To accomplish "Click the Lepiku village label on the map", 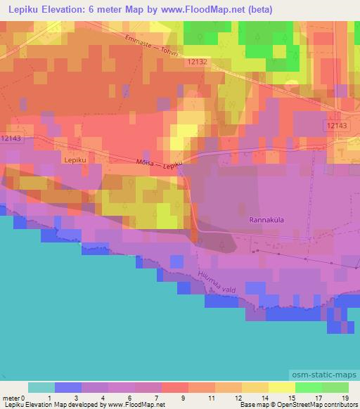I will pyautogui.click(x=74, y=160).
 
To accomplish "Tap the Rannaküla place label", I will pyautogui.click(x=266, y=220).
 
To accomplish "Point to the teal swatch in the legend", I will pyautogui.click(x=41, y=387).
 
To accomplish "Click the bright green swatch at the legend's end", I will pyautogui.click(x=335, y=387).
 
